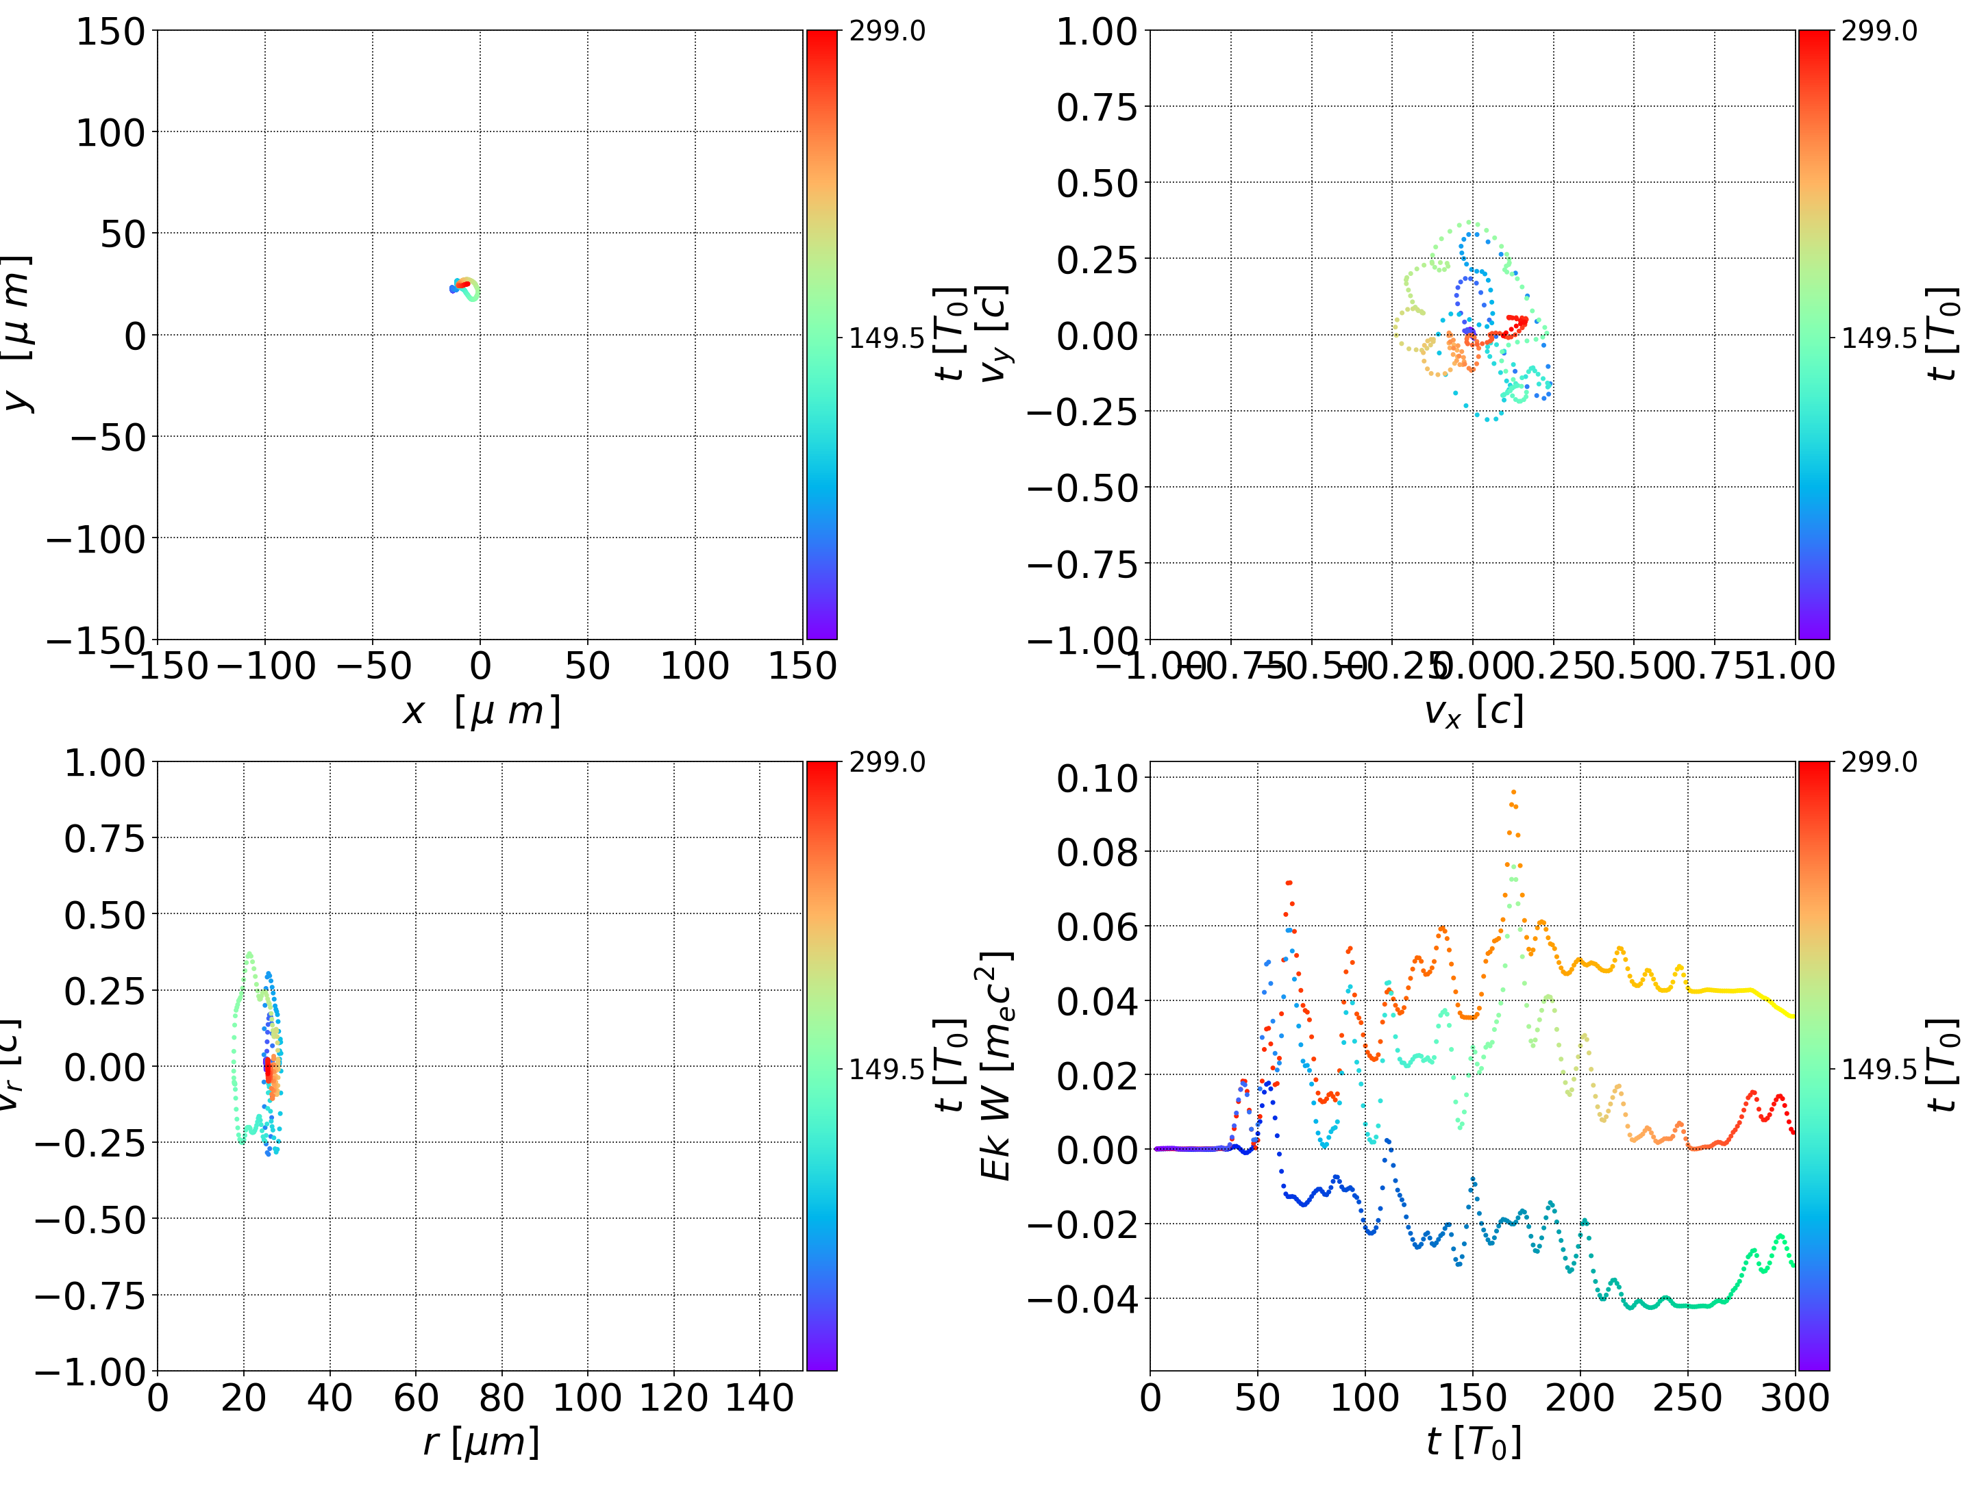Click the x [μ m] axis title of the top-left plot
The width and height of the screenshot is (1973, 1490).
481,711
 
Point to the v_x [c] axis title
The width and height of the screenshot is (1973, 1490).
1473,711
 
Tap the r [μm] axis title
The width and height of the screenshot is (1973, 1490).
481,1442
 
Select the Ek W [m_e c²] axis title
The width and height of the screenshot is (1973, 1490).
995,1065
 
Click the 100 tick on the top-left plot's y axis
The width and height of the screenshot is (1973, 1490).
110,133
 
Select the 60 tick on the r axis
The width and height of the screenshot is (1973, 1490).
416,1398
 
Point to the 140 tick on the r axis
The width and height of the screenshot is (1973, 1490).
759,1398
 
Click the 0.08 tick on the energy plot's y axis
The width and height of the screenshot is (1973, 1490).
1097,853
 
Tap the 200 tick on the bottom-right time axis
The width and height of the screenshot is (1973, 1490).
1580,1398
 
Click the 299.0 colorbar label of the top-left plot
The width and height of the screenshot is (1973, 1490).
886,31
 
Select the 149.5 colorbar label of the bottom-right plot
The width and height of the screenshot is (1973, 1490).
1878,1069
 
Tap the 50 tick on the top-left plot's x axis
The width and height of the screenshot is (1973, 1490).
588,666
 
